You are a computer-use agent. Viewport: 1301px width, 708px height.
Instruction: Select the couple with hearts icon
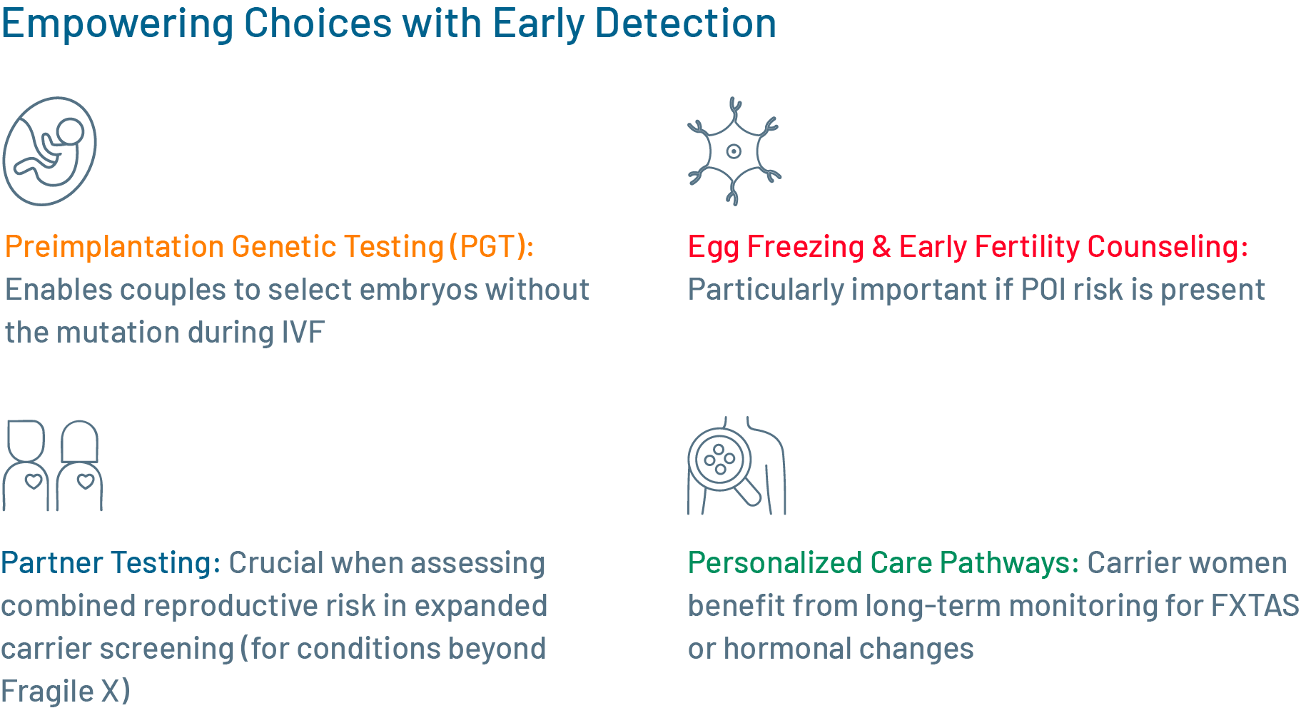[52, 465]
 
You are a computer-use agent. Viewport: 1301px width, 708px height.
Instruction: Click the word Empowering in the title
[117, 24]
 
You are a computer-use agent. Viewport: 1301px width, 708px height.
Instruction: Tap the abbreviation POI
[1043, 290]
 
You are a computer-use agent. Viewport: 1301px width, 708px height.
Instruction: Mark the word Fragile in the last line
[47, 692]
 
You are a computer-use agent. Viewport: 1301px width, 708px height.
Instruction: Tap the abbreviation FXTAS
[1255, 605]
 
